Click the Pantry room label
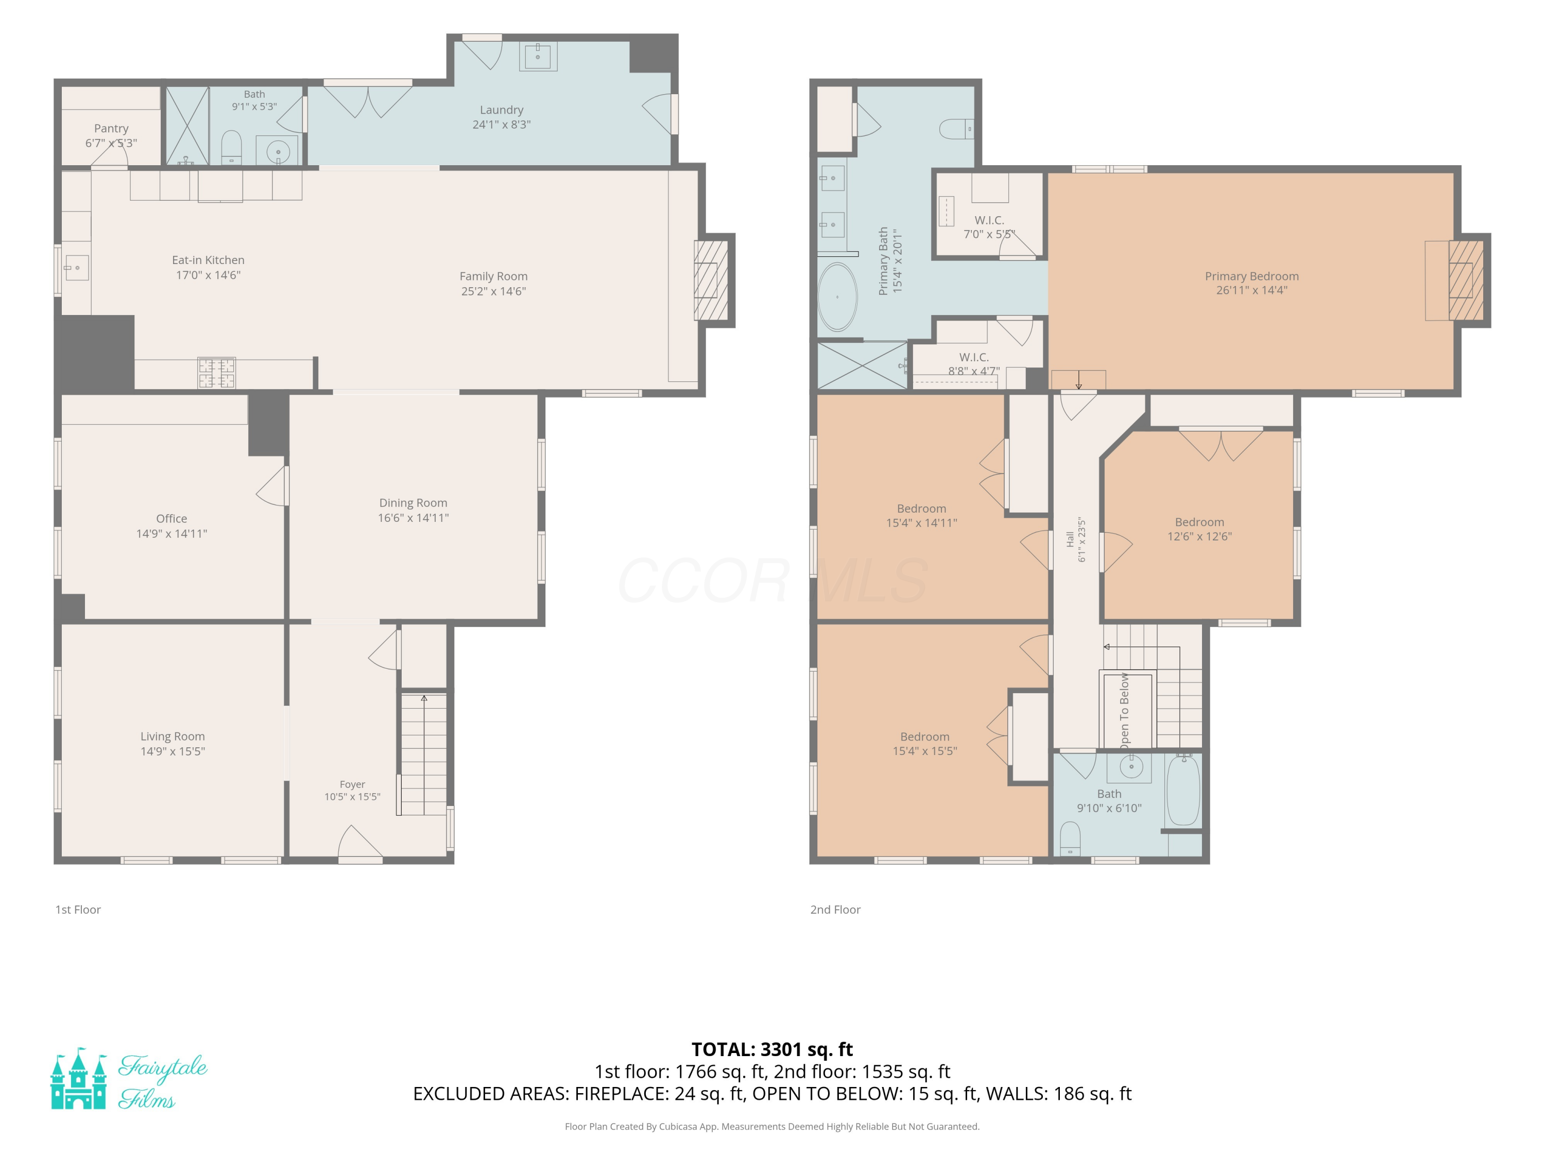111,129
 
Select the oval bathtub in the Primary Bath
837,296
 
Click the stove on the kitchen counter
216,373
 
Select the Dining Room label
413,502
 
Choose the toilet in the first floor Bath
231,148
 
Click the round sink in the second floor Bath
1131,766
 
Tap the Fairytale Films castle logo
78,1078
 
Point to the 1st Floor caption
78,909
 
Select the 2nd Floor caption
835,909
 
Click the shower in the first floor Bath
187,126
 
